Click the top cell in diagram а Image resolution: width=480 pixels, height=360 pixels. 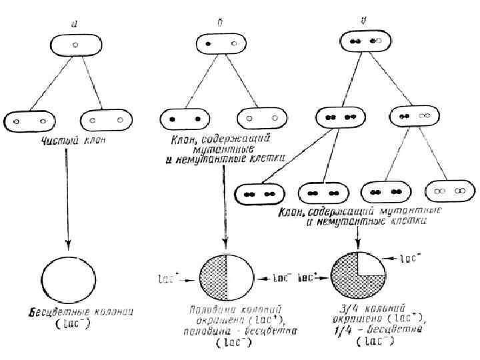pyautogui.click(x=75, y=45)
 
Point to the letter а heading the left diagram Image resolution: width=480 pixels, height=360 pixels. pyautogui.click(x=75, y=24)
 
